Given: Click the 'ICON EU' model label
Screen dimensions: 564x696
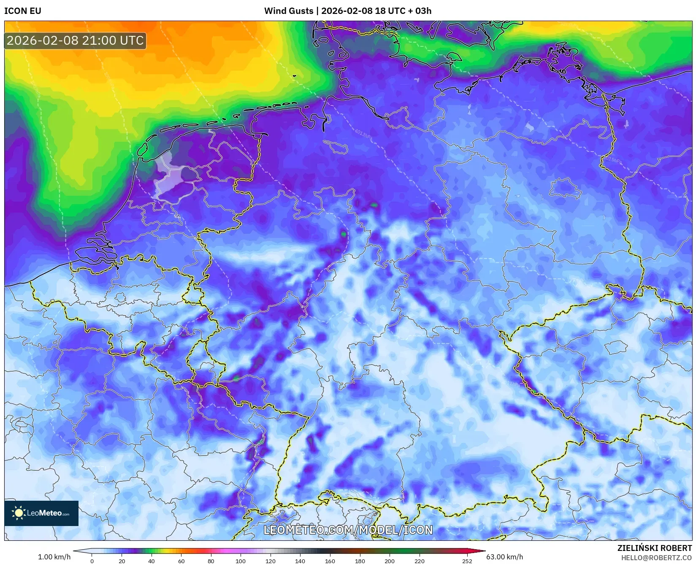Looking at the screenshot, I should pyautogui.click(x=23, y=11).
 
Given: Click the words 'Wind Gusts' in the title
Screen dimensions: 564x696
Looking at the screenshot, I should pyautogui.click(x=289, y=11).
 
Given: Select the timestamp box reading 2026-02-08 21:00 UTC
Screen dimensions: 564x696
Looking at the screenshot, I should pyautogui.click(x=75, y=40).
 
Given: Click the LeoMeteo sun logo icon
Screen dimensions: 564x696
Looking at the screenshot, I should pyautogui.click(x=19, y=513).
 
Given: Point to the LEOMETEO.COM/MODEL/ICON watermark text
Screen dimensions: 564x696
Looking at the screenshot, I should pyautogui.click(x=348, y=530).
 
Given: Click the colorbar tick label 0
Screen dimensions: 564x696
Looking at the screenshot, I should pyautogui.click(x=92, y=561).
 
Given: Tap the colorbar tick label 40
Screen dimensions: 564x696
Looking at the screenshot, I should pyautogui.click(x=151, y=561).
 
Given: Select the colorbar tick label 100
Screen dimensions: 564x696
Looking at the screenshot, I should pyautogui.click(x=241, y=561).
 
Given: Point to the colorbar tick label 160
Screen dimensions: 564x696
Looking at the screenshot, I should pyautogui.click(x=330, y=561).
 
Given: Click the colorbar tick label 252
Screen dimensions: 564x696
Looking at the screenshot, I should pyautogui.click(x=467, y=561).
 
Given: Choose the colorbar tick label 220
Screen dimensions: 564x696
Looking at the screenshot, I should pyautogui.click(x=419, y=561).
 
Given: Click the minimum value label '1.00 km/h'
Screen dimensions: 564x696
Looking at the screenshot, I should pyautogui.click(x=54, y=557).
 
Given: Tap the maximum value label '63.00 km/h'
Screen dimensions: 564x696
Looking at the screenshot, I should pyautogui.click(x=504, y=557).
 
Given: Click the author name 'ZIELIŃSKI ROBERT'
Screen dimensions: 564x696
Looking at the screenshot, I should pyautogui.click(x=655, y=548).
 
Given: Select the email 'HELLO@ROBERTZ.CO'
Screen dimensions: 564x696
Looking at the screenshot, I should pyautogui.click(x=656, y=558).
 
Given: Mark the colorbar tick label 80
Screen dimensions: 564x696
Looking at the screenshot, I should pyautogui.click(x=211, y=561).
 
